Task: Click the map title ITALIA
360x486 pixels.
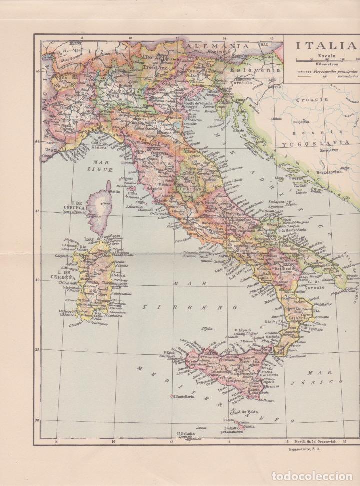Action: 325,46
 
